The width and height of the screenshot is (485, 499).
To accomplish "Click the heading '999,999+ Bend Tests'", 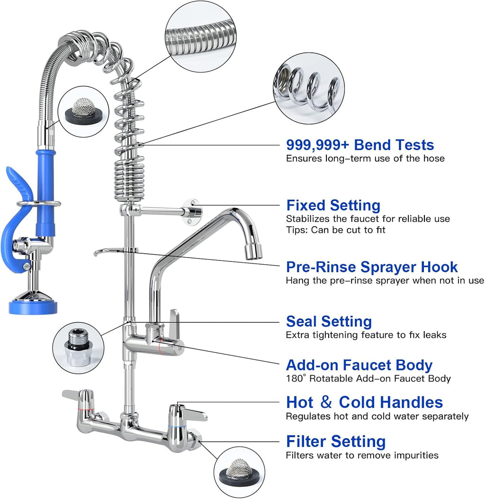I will (x=360, y=145).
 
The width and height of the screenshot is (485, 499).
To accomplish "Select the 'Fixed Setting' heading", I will (x=333, y=205).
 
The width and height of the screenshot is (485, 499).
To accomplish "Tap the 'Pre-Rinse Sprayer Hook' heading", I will (x=372, y=267).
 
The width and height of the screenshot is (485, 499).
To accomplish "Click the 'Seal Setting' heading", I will (x=329, y=321).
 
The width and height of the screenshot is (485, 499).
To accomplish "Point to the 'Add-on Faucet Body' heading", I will (x=359, y=365).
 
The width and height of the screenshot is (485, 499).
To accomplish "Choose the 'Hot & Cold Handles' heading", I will (x=364, y=402).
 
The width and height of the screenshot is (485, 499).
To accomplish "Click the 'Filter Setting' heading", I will (x=335, y=441).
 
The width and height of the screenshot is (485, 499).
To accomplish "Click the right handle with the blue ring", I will (x=187, y=411).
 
